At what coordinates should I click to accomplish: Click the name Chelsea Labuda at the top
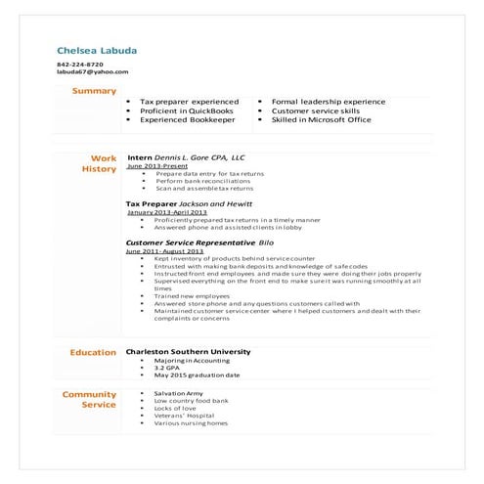[97, 50]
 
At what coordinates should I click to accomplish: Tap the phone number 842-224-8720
[79, 65]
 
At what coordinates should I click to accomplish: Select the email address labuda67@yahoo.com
[92, 72]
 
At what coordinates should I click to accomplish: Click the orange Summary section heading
[94, 91]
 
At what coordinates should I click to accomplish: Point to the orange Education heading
[93, 352]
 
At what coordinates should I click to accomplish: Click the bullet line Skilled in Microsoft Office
[321, 120]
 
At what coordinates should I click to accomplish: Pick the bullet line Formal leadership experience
[328, 102]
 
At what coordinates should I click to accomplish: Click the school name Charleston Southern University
[189, 352]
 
